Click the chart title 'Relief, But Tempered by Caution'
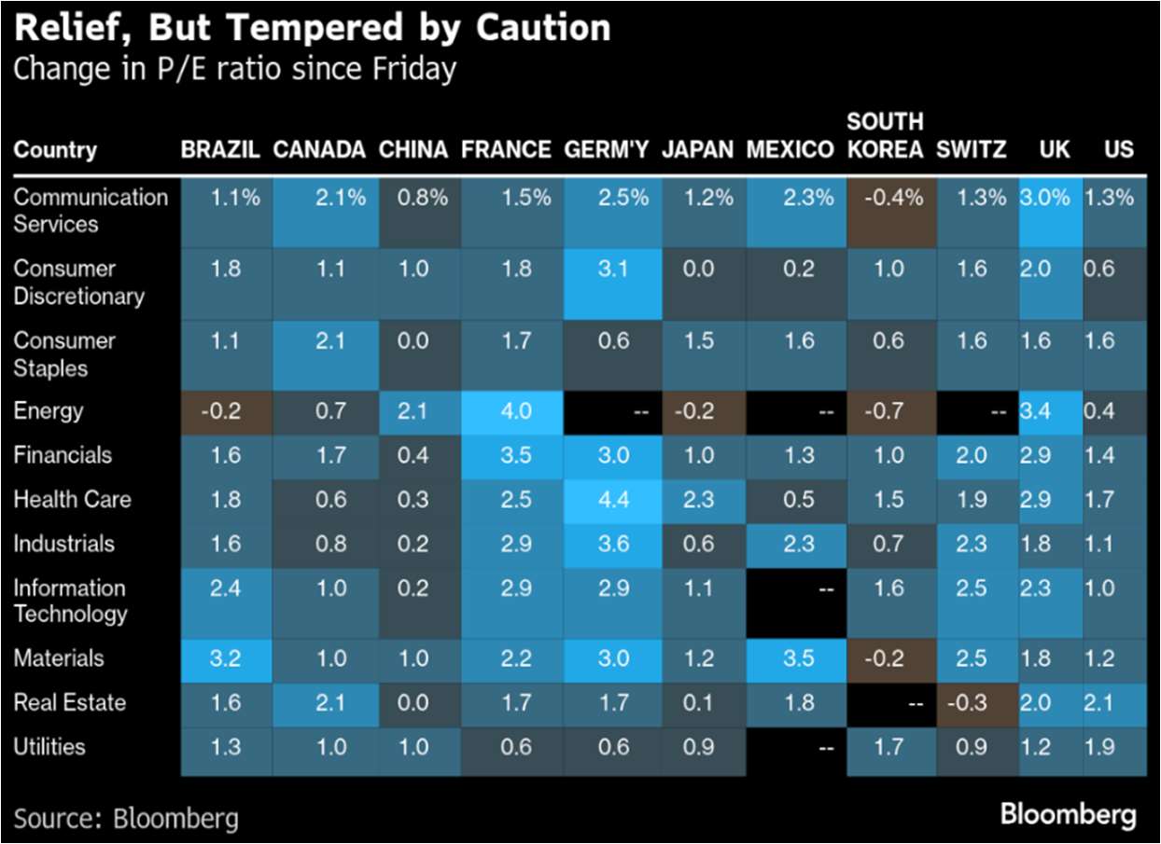[x=313, y=29]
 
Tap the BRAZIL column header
[x=220, y=150]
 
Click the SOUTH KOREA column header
[x=885, y=136]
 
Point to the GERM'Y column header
[x=607, y=150]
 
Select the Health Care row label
[x=72, y=500]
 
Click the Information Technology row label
[x=70, y=601]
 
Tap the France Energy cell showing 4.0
[x=515, y=411]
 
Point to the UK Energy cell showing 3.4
[x=1051, y=411]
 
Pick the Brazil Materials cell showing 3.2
[x=227, y=658]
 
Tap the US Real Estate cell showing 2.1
[x=1114, y=702]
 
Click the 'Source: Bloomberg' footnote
[x=125, y=819]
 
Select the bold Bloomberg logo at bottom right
[x=1068, y=815]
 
